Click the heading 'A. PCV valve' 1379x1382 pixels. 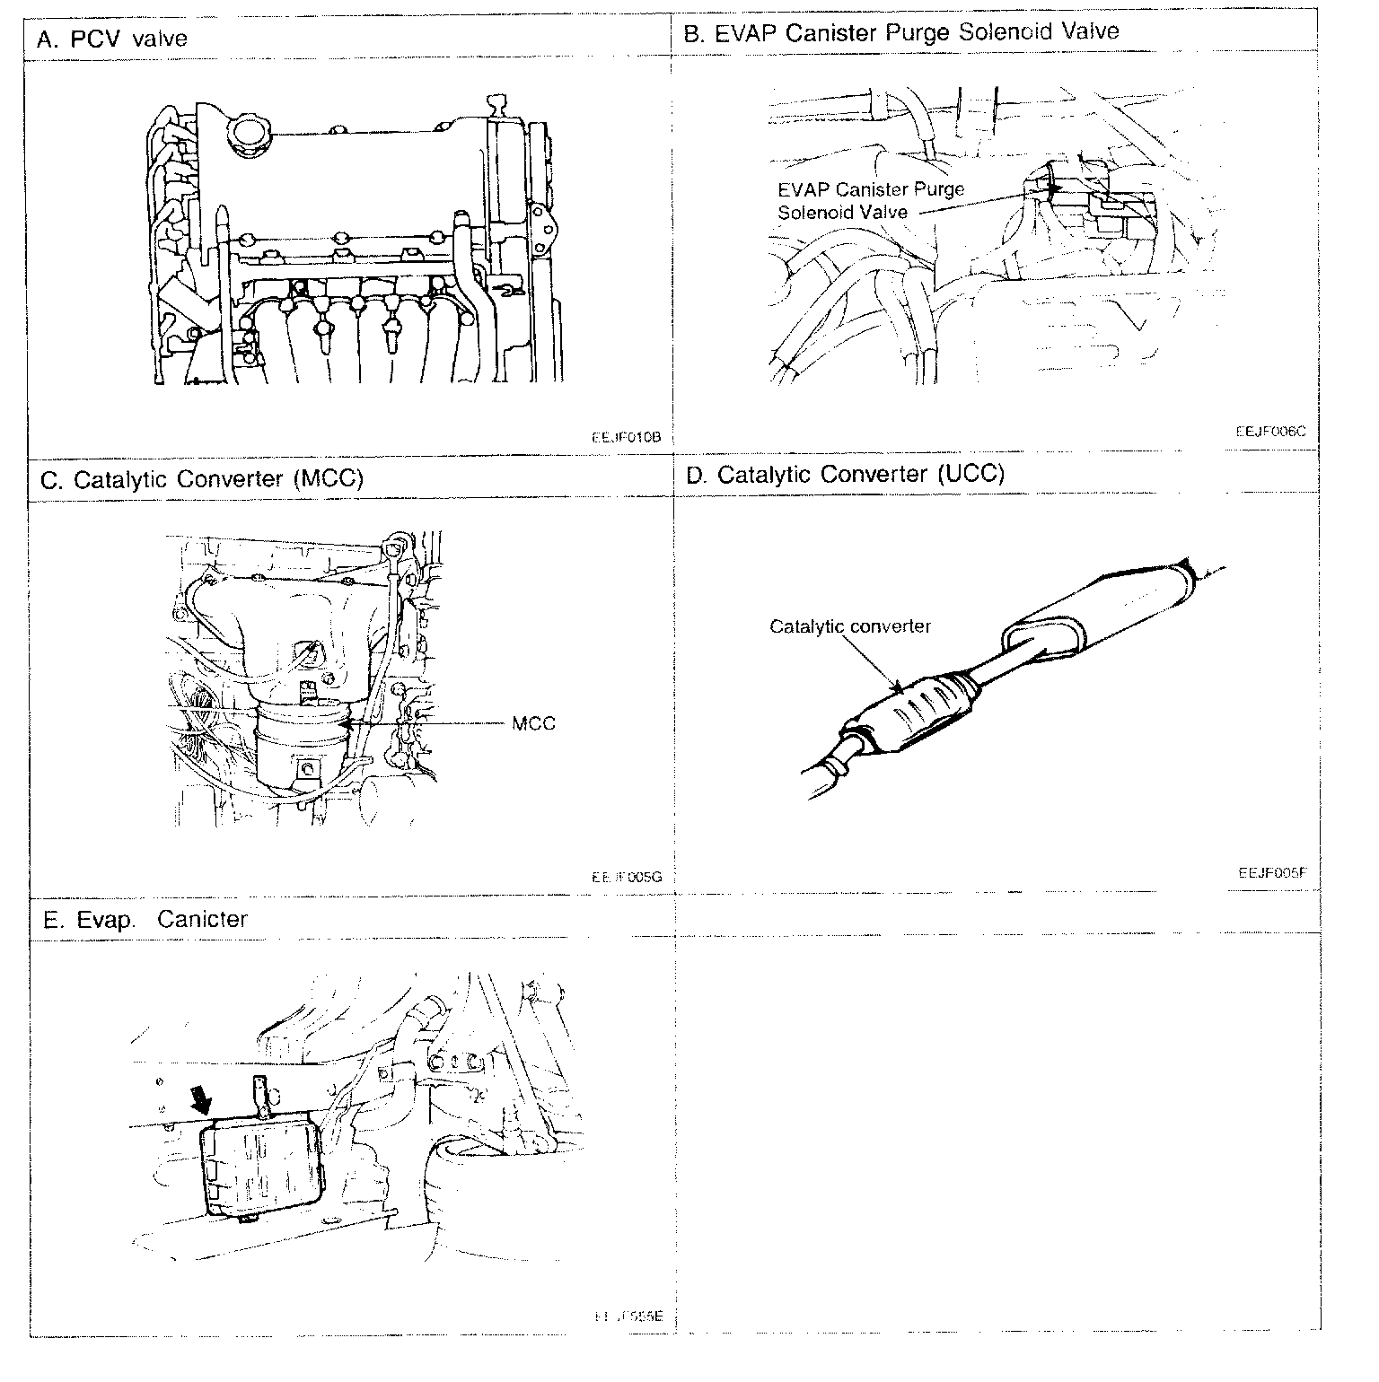click(112, 39)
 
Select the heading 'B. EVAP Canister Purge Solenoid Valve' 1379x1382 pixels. click(901, 32)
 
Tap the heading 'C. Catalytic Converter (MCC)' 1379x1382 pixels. click(202, 478)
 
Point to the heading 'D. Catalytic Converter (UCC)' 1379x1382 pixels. click(845, 474)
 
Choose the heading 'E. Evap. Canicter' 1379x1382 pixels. click(145, 919)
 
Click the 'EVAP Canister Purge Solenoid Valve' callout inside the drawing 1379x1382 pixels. click(871, 201)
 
